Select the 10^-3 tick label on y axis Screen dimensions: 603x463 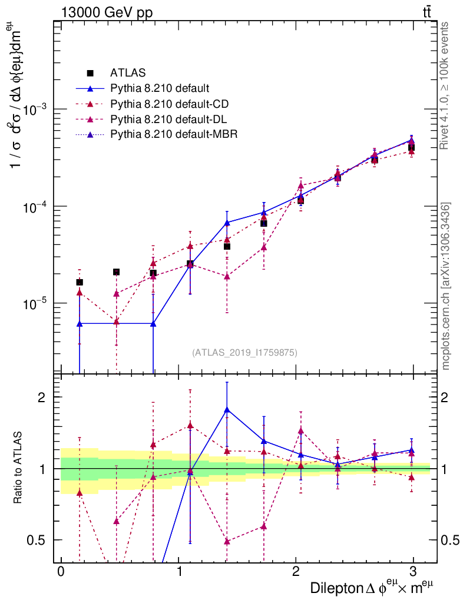coord(35,110)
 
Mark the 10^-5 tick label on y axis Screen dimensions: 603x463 coord(35,303)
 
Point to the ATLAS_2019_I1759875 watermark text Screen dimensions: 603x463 coord(244,353)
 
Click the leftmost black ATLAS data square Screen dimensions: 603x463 coord(80,283)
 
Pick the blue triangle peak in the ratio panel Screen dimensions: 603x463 coord(227,409)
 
